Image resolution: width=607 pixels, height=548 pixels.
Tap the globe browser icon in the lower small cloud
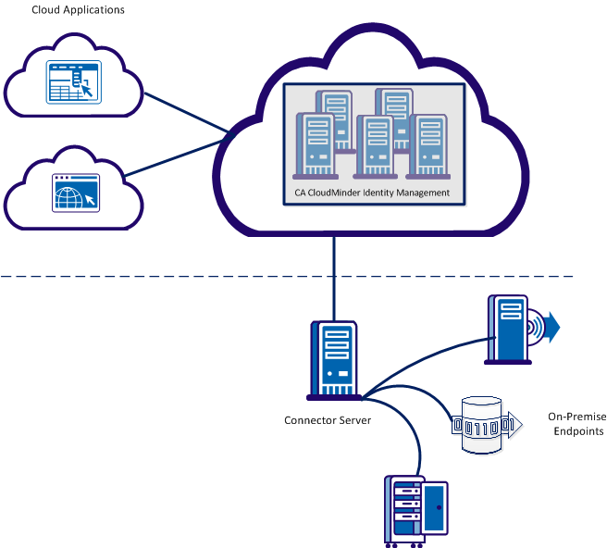pyautogui.click(x=73, y=193)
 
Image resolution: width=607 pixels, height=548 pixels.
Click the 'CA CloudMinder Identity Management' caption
pyautogui.click(x=371, y=193)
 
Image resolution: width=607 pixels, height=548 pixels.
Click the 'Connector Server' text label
pyautogui.click(x=328, y=420)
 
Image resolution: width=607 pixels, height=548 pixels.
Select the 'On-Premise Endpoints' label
pyautogui.click(x=573, y=424)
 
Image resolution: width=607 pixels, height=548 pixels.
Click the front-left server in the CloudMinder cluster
pyautogui.click(x=315, y=146)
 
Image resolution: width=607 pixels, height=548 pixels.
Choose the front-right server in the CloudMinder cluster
pyautogui.click(x=428, y=148)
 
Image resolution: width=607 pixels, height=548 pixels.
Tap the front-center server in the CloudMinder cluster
pyautogui.click(x=375, y=148)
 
